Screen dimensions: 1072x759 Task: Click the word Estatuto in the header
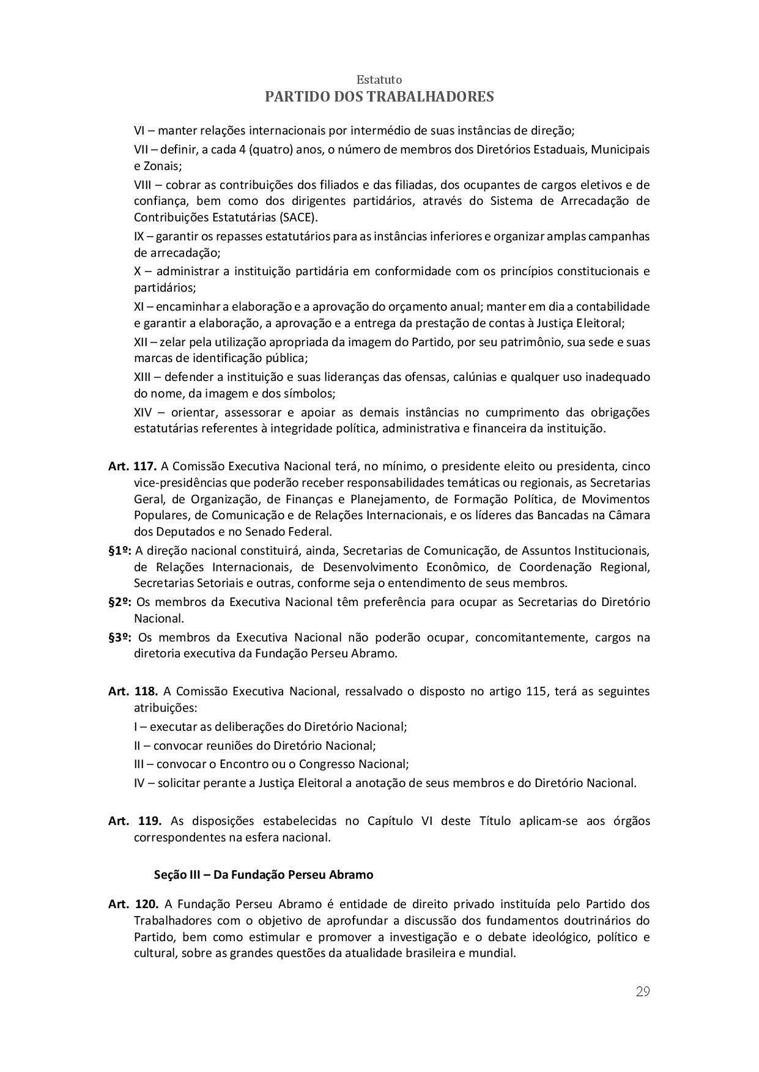click(379, 80)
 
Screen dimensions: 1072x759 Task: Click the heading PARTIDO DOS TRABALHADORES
click(379, 97)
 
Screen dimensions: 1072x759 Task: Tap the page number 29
click(642, 991)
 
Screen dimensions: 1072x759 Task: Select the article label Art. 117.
click(133, 467)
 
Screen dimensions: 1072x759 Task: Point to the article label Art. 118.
click(133, 692)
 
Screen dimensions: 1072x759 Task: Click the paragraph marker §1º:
click(120, 550)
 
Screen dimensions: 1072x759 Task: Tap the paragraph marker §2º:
click(120, 602)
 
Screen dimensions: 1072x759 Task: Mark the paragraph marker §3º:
click(120, 638)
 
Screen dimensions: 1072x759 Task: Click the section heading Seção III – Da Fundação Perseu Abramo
click(264, 874)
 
